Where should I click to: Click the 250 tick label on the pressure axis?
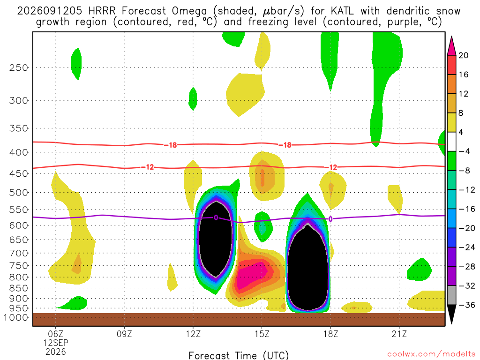pyautogui.click(x=19, y=67)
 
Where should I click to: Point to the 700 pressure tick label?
pyautogui.click(x=19, y=253)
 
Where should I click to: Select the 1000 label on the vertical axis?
pyautogui.click(x=16, y=317)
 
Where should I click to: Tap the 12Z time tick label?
pyautogui.click(x=193, y=334)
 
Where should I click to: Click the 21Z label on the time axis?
pyautogui.click(x=399, y=334)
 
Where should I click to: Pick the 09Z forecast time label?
pyautogui.click(x=124, y=334)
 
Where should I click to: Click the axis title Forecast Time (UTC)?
pyautogui.click(x=239, y=355)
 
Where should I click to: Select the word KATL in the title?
pyautogui.click(x=342, y=11)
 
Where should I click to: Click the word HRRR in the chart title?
pyautogui.click(x=102, y=11)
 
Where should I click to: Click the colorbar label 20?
pyautogui.click(x=463, y=55)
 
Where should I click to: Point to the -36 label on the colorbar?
pyautogui.click(x=466, y=305)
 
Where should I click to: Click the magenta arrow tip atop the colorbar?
pyautogui.click(x=451, y=37)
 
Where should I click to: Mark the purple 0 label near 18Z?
pyautogui.click(x=330, y=219)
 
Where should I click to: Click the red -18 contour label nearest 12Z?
pyautogui.click(x=171, y=145)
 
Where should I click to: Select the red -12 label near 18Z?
pyautogui.click(x=330, y=167)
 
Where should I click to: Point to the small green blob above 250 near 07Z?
pyautogui.click(x=76, y=64)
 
